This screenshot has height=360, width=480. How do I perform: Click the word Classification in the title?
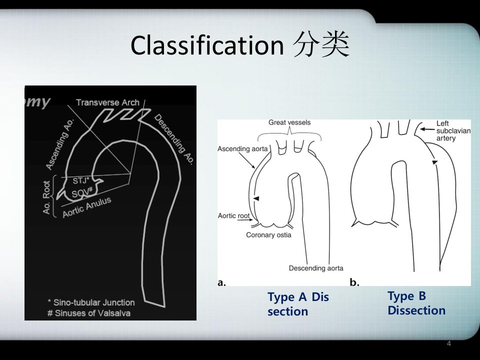pyautogui.click(x=207, y=45)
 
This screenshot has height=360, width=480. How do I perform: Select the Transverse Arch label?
pyautogui.click(x=108, y=102)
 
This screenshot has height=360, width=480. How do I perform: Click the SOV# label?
pyautogui.click(x=82, y=193)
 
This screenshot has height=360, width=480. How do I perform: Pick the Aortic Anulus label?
pyautogui.click(x=87, y=207)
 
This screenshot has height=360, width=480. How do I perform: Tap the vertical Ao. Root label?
pyautogui.click(x=46, y=197)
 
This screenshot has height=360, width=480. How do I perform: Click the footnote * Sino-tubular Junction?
pyautogui.click(x=91, y=302)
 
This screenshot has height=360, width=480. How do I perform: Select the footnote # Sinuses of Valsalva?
pyautogui.click(x=89, y=313)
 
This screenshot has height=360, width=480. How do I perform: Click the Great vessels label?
pyautogui.click(x=289, y=122)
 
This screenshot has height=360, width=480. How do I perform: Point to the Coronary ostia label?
pyautogui.click(x=268, y=235)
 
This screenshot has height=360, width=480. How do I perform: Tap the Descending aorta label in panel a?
pyautogui.click(x=316, y=268)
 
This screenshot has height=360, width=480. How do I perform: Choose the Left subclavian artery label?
pyautogui.click(x=453, y=130)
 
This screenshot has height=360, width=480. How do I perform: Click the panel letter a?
pyautogui.click(x=221, y=282)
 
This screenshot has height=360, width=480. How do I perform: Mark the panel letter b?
pyautogui.click(x=354, y=282)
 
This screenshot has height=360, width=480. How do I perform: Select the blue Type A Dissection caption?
pyautogui.click(x=298, y=304)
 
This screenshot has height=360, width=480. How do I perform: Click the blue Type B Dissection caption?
pyautogui.click(x=416, y=303)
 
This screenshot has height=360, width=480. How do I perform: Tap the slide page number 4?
pyautogui.click(x=449, y=343)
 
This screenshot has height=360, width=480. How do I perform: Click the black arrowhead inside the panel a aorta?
pyautogui.click(x=256, y=198)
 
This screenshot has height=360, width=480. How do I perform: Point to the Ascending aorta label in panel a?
pyautogui.click(x=242, y=149)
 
